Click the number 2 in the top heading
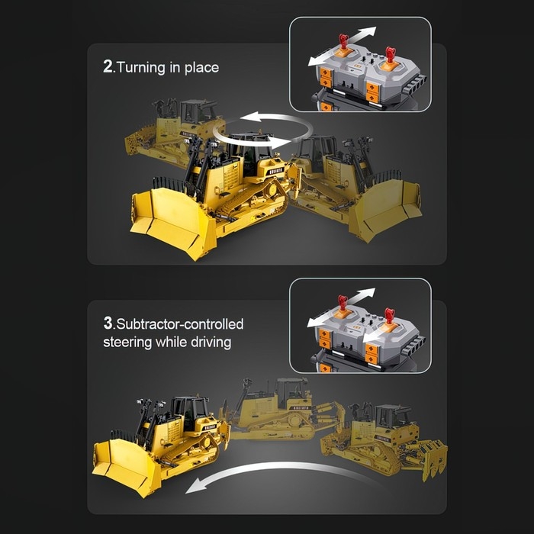(x=108, y=67)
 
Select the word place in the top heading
(x=201, y=68)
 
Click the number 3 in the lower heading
(x=108, y=323)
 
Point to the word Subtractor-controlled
(x=180, y=324)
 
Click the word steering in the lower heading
(x=127, y=342)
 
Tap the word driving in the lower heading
(x=211, y=342)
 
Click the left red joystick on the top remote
(x=343, y=42)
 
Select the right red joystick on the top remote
(x=391, y=55)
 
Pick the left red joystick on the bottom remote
(x=343, y=303)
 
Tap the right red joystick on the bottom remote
(x=389, y=316)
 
